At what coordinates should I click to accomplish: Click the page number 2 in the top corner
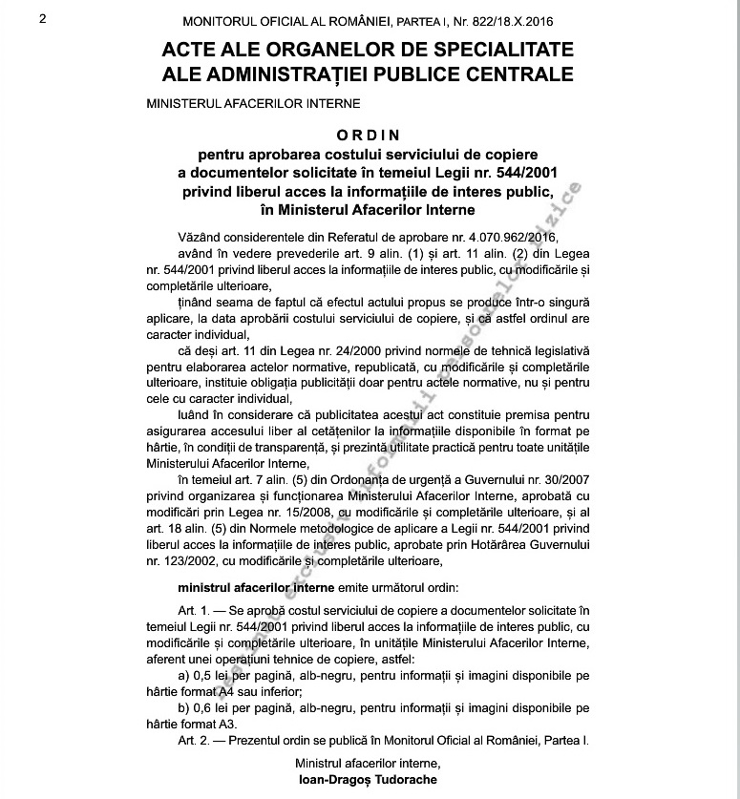point(43,19)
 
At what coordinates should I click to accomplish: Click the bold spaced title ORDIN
point(370,136)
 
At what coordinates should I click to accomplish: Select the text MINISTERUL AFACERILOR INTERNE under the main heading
point(253,103)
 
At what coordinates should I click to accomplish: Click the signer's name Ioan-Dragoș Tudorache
point(369,780)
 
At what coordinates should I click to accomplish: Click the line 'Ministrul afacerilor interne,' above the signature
point(369,764)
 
